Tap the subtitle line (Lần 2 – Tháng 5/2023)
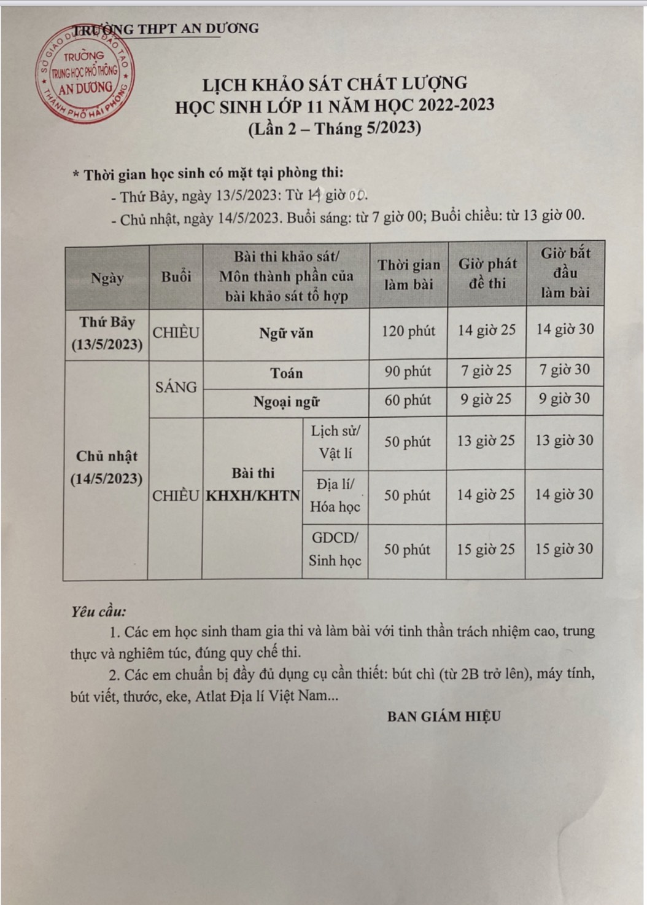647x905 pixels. tap(335, 128)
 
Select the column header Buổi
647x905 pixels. tap(176, 277)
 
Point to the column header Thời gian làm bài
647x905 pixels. tap(409, 275)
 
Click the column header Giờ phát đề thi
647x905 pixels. tap(487, 273)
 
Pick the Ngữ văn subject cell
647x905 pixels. tap(286, 334)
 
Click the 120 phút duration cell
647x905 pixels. tap(408, 332)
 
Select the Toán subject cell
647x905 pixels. tap(286, 374)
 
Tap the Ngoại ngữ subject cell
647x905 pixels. tap(286, 402)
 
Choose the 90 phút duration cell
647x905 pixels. tap(408, 372)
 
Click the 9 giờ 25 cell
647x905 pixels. tap(486, 399)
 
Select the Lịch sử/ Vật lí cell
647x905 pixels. tap(335, 442)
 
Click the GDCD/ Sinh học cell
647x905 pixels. tap(335, 549)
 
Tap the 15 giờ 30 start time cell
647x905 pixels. tap(564, 549)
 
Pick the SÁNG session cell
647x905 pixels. tap(176, 387)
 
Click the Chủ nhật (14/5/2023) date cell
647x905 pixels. tap(107, 468)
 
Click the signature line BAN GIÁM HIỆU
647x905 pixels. tap(444, 716)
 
